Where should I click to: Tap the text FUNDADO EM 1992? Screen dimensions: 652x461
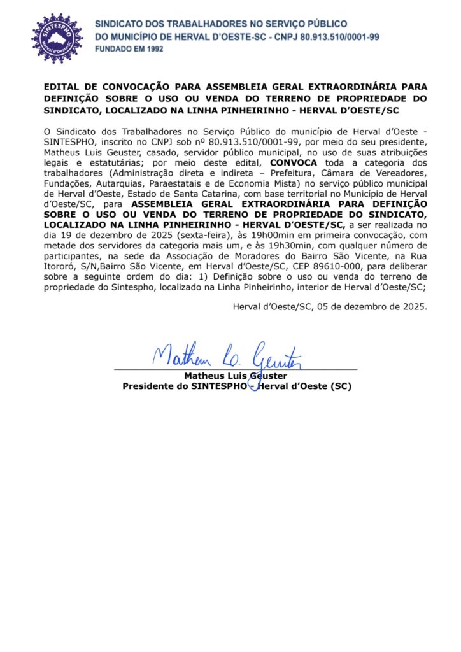(125, 49)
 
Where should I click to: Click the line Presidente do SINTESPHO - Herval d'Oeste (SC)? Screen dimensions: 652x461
(236, 386)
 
